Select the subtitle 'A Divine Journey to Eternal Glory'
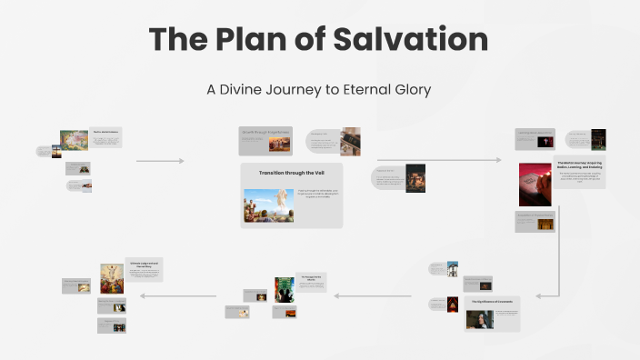tap(319, 89)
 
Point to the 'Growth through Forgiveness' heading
tap(265, 132)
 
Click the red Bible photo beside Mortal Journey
tap(535, 184)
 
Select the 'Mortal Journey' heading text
tap(579, 163)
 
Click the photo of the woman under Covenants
tap(479, 319)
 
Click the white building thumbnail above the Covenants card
tap(452, 269)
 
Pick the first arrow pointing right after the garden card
tap(160, 161)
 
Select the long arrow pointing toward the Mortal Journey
tap(438, 160)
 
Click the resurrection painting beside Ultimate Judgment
tap(113, 278)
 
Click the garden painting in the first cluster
tap(74, 139)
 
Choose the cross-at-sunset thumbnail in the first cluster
tap(56, 151)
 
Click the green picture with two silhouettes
tap(285, 289)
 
